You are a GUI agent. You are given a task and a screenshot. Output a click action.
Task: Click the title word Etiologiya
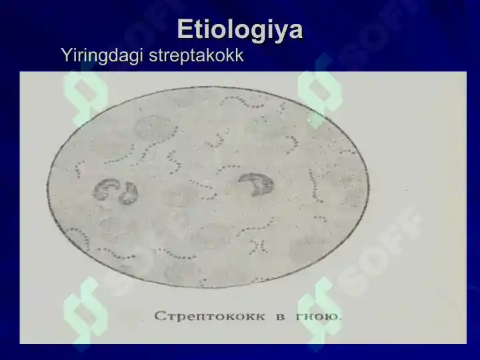240,30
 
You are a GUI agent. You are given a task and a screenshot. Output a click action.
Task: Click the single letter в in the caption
281,317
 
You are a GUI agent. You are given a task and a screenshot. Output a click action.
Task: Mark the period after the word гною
340,319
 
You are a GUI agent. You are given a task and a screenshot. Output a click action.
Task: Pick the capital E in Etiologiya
184,30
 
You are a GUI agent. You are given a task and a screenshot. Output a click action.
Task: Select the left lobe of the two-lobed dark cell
105,190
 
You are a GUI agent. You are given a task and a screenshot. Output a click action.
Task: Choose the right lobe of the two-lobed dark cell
128,193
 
